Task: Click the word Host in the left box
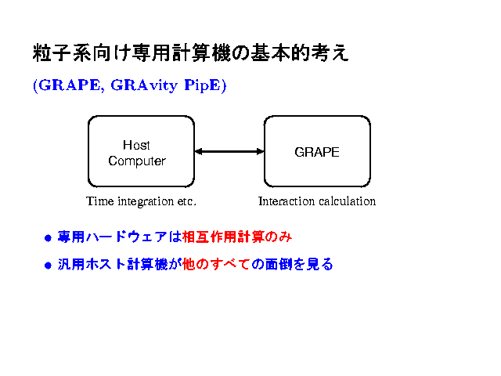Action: point(136,145)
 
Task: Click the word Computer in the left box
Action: point(137,161)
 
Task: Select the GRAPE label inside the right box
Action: point(317,152)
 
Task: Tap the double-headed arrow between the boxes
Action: point(229,151)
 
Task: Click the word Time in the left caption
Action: point(99,201)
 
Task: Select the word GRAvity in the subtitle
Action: point(144,85)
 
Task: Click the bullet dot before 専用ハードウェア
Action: point(47,237)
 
